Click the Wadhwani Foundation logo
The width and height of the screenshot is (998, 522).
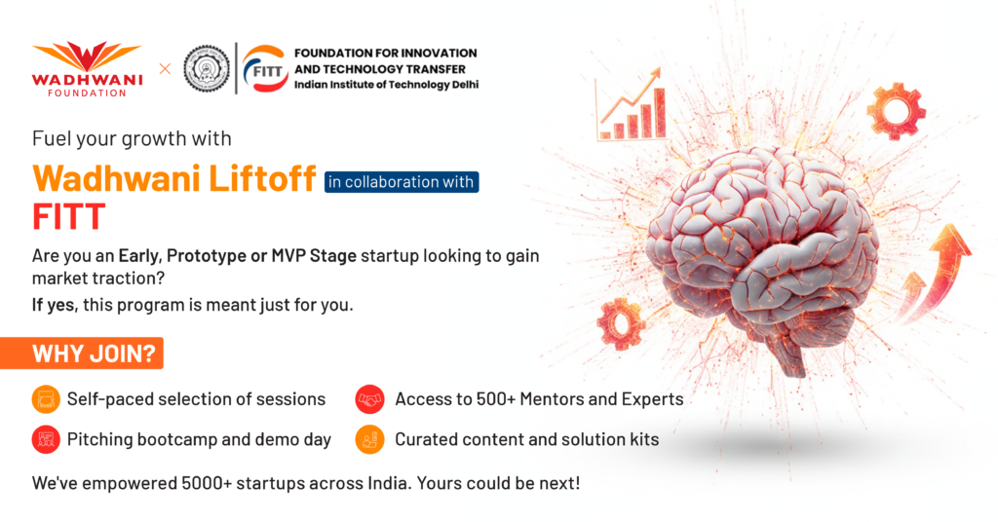[87, 69]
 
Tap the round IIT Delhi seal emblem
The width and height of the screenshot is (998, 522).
[207, 69]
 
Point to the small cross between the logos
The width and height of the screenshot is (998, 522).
[165, 69]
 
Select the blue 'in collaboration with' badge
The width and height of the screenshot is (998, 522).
[402, 182]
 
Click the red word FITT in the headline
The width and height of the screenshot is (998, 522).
[69, 217]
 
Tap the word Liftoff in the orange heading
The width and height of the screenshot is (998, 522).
[262, 178]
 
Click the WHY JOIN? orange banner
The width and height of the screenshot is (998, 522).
[82, 353]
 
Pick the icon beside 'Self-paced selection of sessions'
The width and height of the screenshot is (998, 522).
[46, 399]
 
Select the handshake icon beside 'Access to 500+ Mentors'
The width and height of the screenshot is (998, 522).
[369, 399]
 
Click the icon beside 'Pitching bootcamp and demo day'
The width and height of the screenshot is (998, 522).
[46, 439]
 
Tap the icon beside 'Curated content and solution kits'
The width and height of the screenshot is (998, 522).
[369, 439]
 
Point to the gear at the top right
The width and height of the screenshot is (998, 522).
[897, 111]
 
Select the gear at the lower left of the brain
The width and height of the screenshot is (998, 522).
[621, 323]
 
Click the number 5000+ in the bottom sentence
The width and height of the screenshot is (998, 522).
[207, 483]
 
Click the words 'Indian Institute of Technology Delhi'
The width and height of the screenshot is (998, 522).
[386, 85]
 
